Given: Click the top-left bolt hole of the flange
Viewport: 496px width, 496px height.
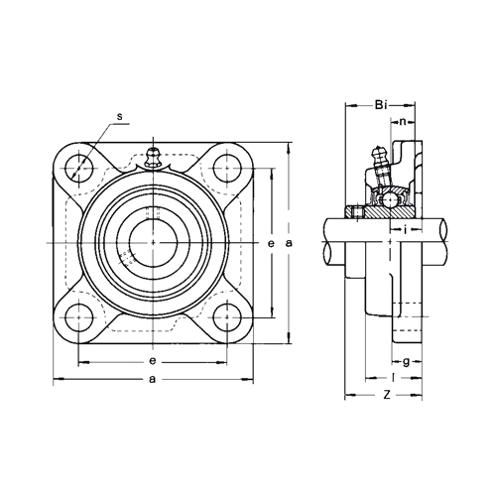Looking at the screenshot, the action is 78,169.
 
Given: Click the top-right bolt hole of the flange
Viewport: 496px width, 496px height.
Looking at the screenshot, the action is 227,169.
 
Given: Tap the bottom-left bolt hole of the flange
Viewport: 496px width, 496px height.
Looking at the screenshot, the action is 78,317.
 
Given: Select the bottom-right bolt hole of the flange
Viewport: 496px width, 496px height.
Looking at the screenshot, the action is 227,317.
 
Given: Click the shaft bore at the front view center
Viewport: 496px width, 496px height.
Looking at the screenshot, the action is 153,243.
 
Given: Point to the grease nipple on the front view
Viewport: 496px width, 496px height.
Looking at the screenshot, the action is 153,158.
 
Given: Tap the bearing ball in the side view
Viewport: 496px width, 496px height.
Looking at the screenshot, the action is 390,200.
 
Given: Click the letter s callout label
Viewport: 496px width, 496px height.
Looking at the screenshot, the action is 120,116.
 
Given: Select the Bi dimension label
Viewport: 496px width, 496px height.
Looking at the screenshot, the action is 381,105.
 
